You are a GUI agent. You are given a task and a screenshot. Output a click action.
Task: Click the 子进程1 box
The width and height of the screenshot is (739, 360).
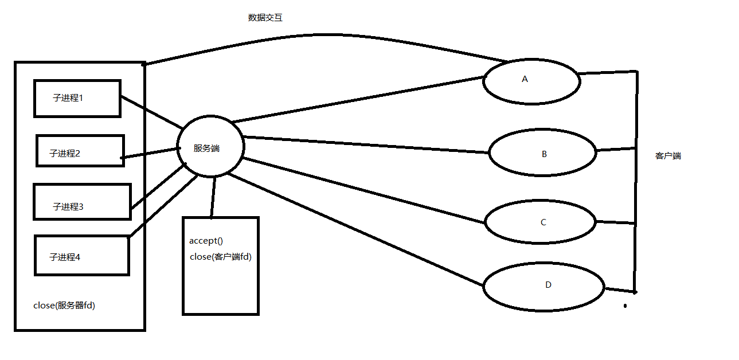pos(77,99)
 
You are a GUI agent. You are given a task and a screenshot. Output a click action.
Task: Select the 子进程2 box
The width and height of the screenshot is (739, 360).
pos(80,151)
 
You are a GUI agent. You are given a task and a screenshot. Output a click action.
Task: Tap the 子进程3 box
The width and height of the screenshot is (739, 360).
pos(82,202)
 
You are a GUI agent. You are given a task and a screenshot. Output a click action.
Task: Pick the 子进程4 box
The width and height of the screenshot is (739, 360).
pos(81,255)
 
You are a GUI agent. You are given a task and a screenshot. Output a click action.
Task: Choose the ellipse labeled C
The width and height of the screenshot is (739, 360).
pos(541,222)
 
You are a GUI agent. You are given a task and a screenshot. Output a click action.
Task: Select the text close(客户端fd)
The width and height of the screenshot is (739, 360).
pos(221,257)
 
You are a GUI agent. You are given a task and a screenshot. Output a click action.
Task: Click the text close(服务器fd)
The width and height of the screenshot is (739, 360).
pos(64,306)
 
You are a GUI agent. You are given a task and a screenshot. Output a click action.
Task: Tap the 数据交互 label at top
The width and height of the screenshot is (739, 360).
pos(265,18)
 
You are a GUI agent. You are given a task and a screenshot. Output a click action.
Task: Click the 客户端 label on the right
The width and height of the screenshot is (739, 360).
pos(668,155)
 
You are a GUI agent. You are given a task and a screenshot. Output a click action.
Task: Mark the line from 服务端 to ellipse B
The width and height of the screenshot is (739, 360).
pos(367,144)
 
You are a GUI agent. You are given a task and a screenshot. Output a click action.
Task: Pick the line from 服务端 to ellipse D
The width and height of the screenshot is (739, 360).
pos(355,230)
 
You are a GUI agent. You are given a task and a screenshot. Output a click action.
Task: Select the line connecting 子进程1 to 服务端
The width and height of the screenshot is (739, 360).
pos(151,112)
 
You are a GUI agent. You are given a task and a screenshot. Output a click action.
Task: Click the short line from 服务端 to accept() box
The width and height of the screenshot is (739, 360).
pos(213,198)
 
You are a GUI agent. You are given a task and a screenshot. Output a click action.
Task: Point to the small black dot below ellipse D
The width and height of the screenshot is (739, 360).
pos(625,306)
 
